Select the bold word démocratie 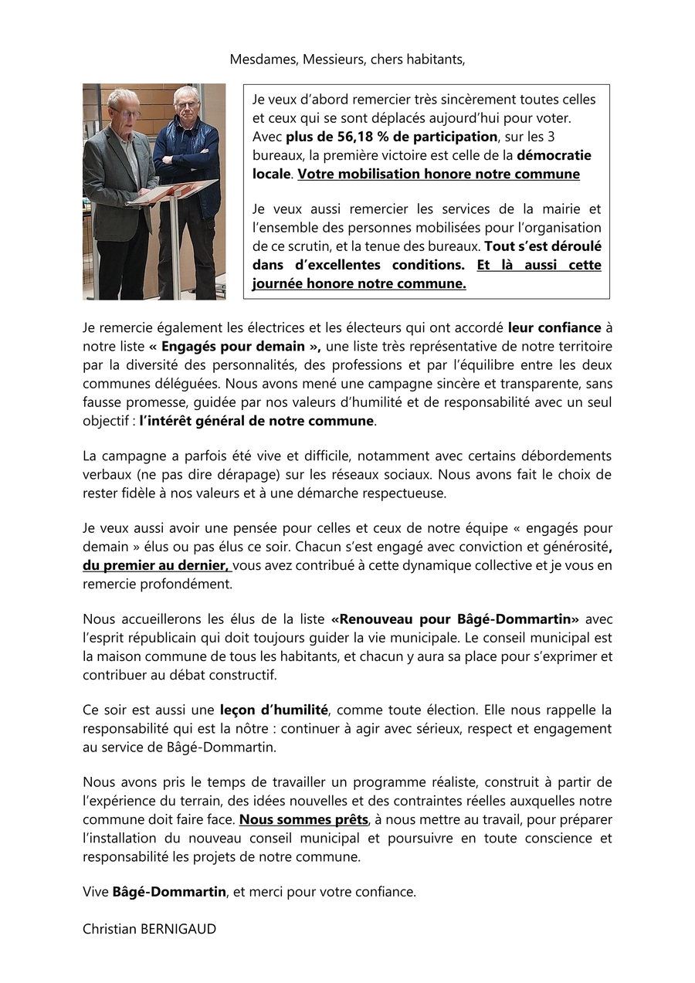[554, 155]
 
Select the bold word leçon [236, 710]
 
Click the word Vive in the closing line [96, 892]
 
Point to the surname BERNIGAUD [178, 929]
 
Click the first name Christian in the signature [110, 929]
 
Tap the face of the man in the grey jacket [124, 106]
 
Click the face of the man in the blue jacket [186, 101]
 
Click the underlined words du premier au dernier [156, 565]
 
